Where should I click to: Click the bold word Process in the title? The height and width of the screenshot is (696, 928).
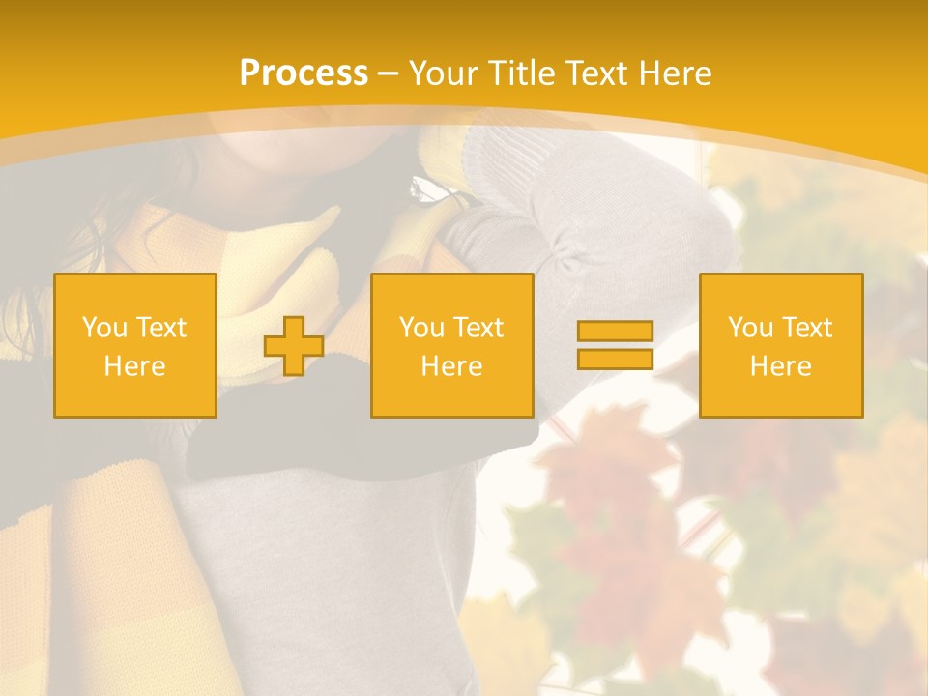click(x=304, y=73)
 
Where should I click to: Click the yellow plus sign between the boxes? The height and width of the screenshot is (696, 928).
click(x=294, y=346)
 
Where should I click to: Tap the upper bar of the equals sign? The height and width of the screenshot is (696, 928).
click(x=615, y=332)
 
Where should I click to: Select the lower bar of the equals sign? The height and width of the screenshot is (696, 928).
click(x=615, y=359)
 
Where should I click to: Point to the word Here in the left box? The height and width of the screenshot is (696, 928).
click(x=134, y=366)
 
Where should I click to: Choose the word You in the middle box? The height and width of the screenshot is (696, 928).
click(x=422, y=328)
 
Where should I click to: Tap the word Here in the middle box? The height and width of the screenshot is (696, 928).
click(x=451, y=366)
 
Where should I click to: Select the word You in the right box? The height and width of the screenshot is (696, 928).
click(x=751, y=328)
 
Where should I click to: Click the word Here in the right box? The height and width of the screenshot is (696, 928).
click(x=780, y=366)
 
